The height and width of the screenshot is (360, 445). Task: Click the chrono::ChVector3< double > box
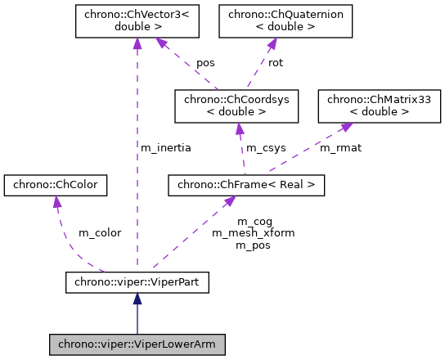click(137, 21)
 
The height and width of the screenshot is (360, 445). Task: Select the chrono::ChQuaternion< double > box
click(285, 21)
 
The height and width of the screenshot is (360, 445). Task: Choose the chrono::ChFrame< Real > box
click(246, 186)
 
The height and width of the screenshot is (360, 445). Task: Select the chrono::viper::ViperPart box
click(137, 283)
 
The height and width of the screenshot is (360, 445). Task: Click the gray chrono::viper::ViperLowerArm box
click(137, 344)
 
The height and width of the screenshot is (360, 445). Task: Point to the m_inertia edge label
click(166, 148)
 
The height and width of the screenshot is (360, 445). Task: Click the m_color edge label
click(99, 232)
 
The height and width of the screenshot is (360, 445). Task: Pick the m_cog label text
click(254, 221)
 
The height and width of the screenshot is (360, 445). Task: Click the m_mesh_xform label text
click(254, 232)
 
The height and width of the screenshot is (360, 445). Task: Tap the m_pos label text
click(254, 244)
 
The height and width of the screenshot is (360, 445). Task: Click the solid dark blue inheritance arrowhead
click(137, 300)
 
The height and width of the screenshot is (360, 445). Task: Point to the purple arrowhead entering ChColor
click(56, 202)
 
